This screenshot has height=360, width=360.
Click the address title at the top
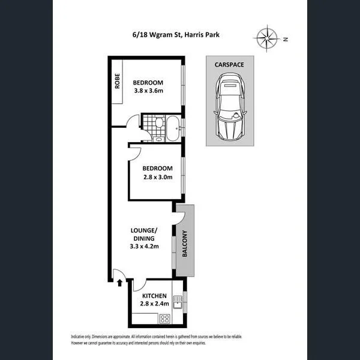pos(175,35)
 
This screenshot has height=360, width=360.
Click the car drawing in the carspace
pos(230,106)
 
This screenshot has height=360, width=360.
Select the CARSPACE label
pos(230,64)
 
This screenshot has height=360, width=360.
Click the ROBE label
pos(118,80)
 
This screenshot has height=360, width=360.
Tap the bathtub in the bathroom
pos(172,128)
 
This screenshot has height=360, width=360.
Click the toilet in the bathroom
pos(158,124)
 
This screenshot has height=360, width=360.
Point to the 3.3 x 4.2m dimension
pos(144,245)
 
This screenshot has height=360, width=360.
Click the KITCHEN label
pos(154,296)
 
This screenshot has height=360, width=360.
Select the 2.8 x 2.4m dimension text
pos(154,304)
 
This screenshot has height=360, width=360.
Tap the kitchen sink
pos(177,300)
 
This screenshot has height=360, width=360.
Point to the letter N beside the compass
pos(286,40)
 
